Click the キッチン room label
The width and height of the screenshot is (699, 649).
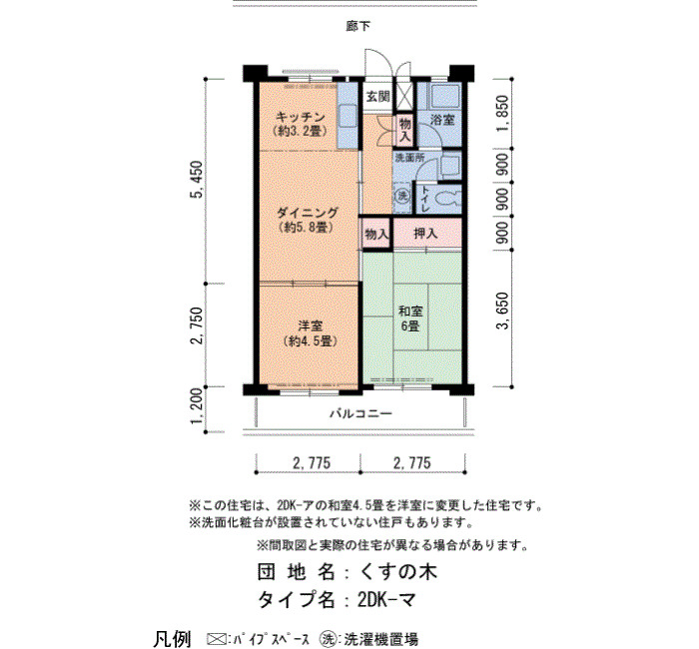click(301, 117)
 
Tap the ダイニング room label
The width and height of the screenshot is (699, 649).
click(308, 212)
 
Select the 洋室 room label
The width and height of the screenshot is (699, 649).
click(311, 325)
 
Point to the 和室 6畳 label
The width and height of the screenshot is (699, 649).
click(410, 319)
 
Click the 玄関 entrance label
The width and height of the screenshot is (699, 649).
click(378, 96)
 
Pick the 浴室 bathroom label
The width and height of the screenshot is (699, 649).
click(442, 119)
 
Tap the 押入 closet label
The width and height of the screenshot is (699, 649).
click(425, 233)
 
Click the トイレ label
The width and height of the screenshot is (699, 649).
click(424, 199)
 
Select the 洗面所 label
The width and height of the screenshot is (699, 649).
click(409, 158)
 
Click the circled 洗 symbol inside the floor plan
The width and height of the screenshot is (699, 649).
click(403, 196)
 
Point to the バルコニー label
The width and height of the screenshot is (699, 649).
click(361, 413)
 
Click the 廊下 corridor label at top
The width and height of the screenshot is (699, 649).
click(357, 26)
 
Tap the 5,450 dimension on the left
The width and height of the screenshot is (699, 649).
click(197, 179)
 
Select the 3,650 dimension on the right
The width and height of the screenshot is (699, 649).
click(502, 311)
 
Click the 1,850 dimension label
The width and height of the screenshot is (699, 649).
click(502, 113)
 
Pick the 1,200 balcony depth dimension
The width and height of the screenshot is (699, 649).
click(197, 406)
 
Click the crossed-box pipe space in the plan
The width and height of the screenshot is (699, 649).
click(405, 95)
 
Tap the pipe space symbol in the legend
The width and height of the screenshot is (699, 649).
click(217, 638)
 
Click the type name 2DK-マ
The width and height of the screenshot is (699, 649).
click(387, 599)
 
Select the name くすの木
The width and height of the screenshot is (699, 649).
click(398, 572)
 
